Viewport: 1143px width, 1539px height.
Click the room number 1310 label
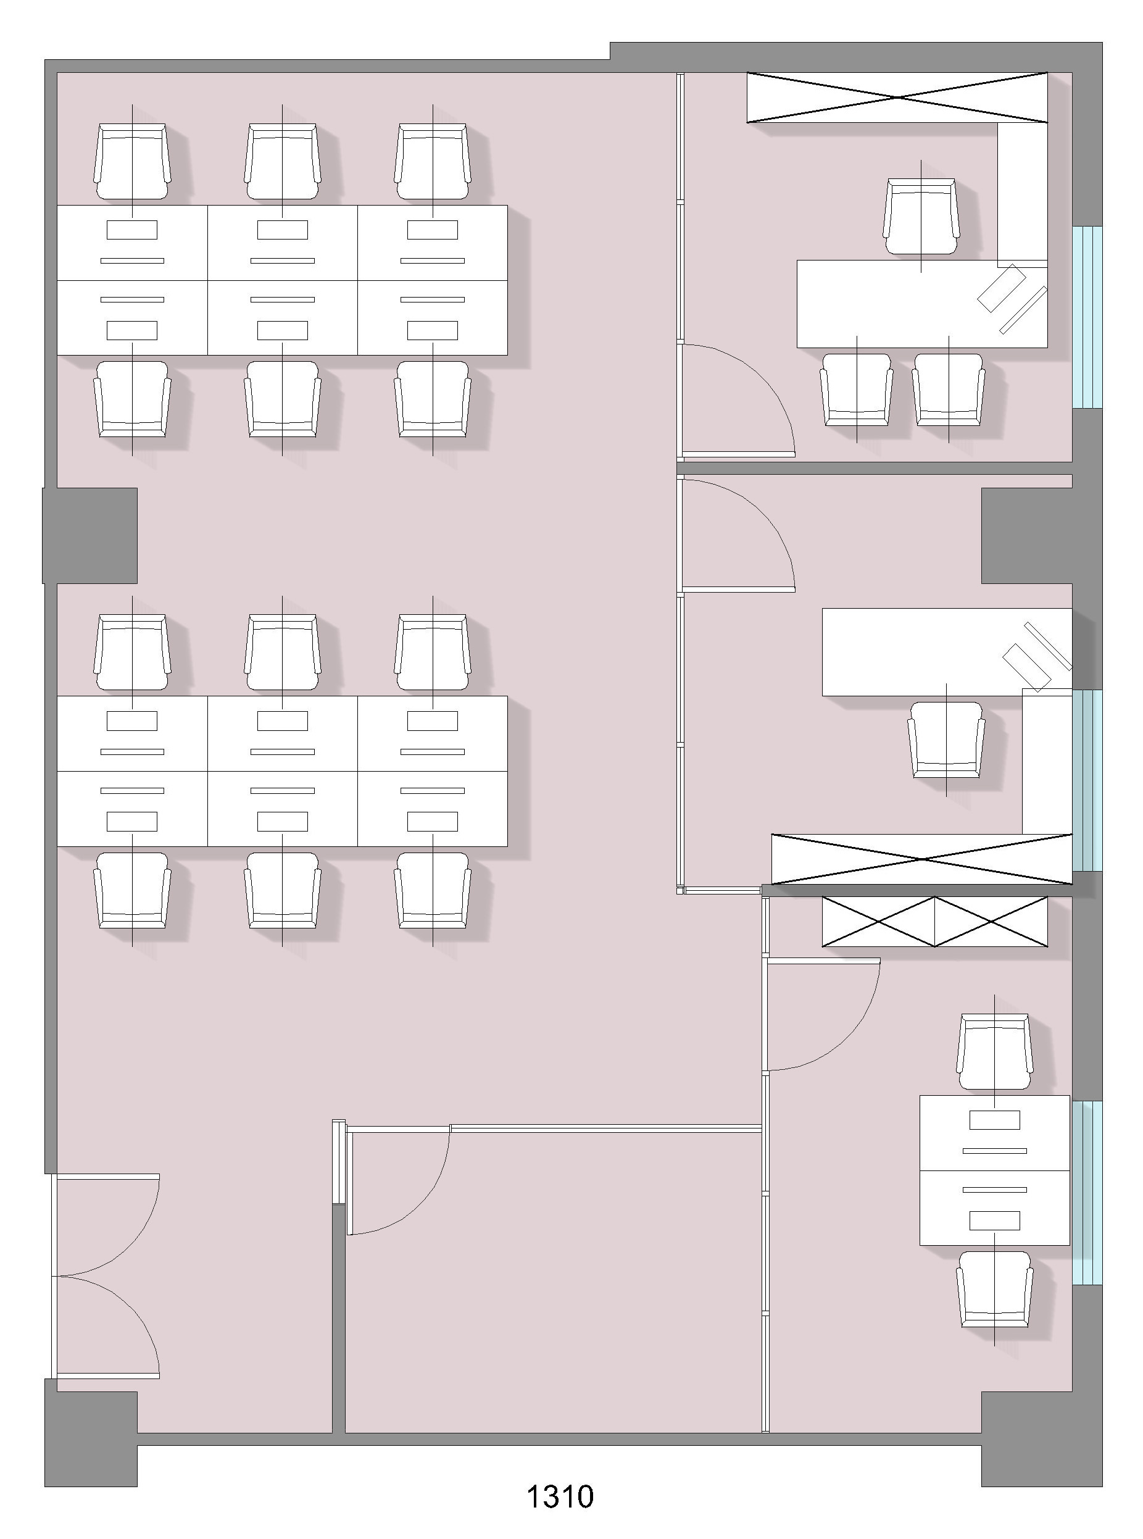[x=560, y=1497]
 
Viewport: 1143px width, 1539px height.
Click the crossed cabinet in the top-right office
[x=897, y=98]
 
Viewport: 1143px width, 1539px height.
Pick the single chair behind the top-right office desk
[x=921, y=217]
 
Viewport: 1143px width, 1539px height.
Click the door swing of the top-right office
[x=738, y=400]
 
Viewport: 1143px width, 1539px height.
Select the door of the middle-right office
[x=738, y=535]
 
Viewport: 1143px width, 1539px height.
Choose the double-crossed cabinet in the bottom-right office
[x=935, y=922]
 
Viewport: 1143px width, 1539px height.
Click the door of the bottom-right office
[x=823, y=1014]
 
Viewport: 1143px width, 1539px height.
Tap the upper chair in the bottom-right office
[x=994, y=1053]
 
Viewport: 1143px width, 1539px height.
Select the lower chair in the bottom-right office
[x=994, y=1289]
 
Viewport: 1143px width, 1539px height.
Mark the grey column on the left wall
[x=90, y=535]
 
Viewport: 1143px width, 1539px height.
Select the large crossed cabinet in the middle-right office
[x=921, y=859]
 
